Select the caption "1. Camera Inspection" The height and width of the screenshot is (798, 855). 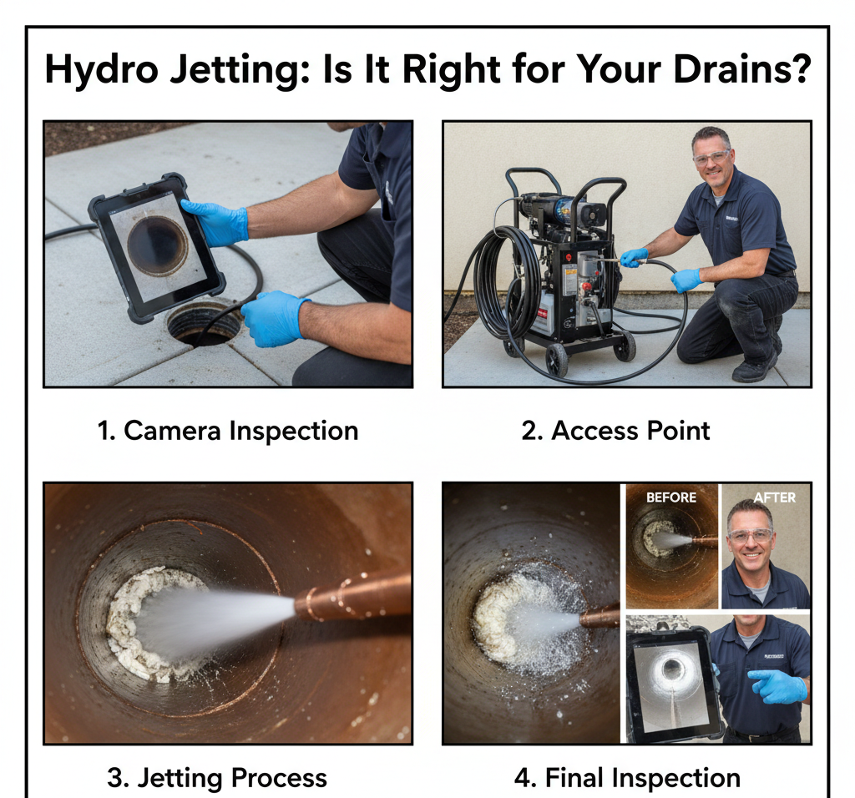click(227, 431)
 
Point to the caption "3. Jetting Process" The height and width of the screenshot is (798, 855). click(217, 778)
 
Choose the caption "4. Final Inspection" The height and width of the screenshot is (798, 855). click(626, 778)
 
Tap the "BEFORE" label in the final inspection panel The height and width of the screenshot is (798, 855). click(671, 497)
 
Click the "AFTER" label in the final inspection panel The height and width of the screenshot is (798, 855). click(774, 497)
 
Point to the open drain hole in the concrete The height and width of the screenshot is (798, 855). click(203, 324)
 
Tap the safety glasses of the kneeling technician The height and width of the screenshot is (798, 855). click(711, 157)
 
